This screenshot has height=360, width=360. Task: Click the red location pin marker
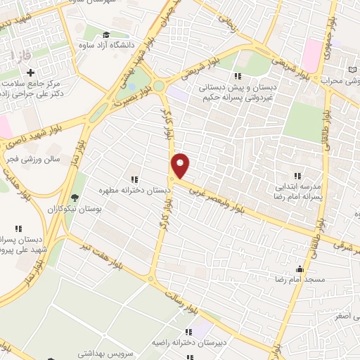click(x=181, y=166)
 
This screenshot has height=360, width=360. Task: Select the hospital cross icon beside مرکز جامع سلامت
click(x=31, y=72)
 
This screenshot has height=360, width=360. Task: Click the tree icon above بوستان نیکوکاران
click(x=75, y=197)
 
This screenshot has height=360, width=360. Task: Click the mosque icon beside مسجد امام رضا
click(x=300, y=268)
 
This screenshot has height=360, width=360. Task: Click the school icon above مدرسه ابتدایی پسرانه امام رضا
click(x=297, y=175)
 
